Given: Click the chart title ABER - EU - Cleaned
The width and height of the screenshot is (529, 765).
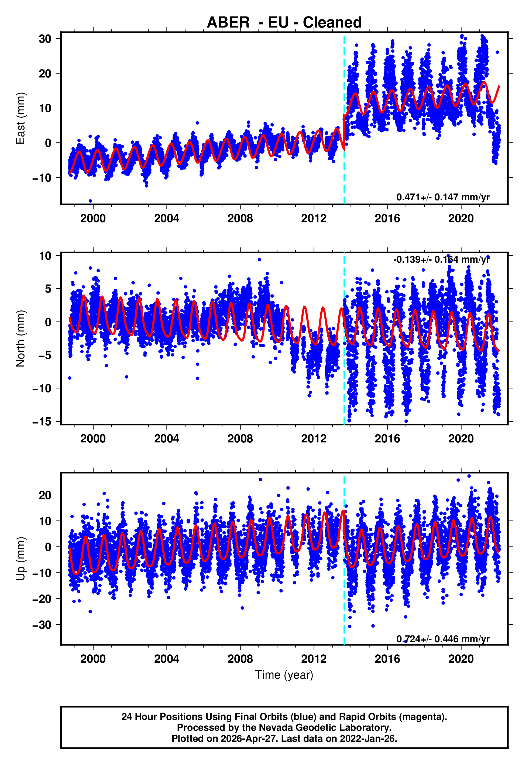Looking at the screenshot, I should click(284, 23).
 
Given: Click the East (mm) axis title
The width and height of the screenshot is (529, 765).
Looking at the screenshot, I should click(20, 119).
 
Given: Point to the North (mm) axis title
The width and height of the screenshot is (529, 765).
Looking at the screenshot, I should click(20, 339).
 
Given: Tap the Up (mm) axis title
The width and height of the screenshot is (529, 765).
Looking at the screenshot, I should click(20, 559).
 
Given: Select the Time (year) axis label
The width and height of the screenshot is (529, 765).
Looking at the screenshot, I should click(284, 675).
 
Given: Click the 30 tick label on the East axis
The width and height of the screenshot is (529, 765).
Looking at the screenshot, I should click(45, 39).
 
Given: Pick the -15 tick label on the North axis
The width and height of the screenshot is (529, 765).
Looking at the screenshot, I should click(42, 422).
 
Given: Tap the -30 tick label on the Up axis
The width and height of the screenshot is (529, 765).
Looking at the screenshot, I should click(42, 625).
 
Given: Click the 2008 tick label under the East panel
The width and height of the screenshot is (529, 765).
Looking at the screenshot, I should click(240, 218).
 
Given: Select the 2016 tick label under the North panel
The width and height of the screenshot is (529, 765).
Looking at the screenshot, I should click(387, 439).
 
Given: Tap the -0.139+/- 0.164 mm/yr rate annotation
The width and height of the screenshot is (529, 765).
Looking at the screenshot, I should click(441, 259).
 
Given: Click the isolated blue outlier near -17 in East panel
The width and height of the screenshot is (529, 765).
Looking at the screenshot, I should click(90, 201).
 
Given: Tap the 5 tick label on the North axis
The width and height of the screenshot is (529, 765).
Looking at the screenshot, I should click(48, 289).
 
